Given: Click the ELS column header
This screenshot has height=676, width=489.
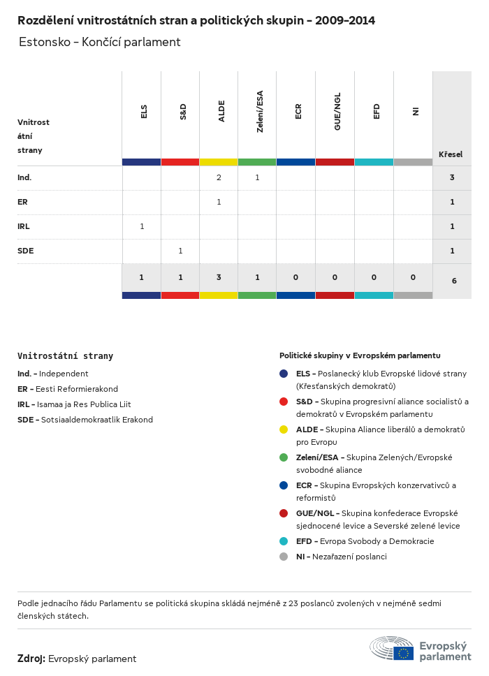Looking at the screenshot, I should point(143,112).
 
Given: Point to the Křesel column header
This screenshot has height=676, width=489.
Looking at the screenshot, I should point(451,154).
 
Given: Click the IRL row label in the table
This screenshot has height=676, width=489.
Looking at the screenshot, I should point(24,226).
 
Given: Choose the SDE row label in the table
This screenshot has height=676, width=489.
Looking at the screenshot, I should point(25,251).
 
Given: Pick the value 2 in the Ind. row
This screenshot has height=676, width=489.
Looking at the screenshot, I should point(219,177).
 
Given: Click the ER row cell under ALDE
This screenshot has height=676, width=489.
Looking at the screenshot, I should point(219,202).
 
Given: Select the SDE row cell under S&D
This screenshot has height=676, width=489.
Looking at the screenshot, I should point(180,251).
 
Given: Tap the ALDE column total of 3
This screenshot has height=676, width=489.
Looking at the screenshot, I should point(219,277).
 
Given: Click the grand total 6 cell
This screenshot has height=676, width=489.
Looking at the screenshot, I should point(454,281).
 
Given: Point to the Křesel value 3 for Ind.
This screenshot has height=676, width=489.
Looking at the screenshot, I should point(452,177).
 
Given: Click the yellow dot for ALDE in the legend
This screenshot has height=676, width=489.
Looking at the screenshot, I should point(284,429).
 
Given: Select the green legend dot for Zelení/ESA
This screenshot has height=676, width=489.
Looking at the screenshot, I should point(284,457).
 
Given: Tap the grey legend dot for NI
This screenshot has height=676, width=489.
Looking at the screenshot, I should point(284,557).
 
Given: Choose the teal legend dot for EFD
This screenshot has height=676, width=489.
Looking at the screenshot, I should point(284,541).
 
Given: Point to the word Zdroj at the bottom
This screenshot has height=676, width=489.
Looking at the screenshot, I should point(31,659).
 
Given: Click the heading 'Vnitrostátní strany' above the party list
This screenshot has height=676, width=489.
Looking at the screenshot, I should point(65,356).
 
